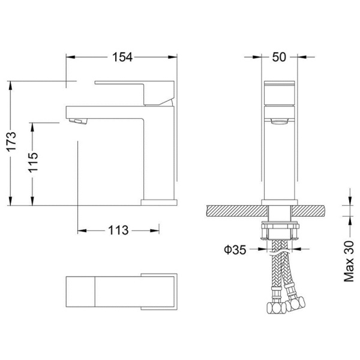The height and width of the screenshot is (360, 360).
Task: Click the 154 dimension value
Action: tap(122, 57)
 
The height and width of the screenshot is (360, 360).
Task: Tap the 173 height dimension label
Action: tap(11, 141)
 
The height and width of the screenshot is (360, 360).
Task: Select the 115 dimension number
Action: tap(33, 163)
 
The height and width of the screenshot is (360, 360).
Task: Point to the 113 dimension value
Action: tap(118, 230)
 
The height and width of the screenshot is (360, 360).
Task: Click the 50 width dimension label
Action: tap(279, 57)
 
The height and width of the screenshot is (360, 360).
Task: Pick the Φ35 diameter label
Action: tap(235, 250)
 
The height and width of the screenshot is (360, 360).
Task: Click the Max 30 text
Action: tap(349, 261)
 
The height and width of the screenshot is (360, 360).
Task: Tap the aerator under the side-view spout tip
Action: tap(78, 121)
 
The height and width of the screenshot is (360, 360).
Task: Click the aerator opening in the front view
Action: tap(279, 121)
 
